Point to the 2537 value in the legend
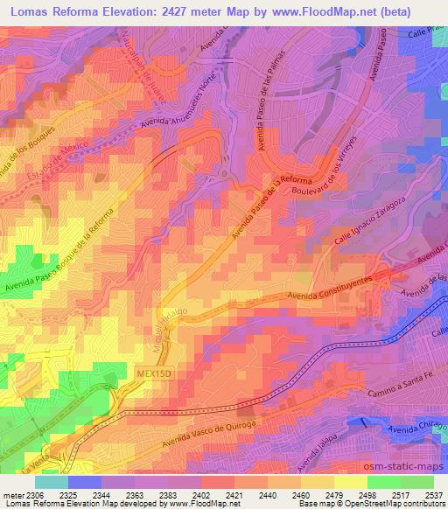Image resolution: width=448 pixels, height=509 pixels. pos(433,495)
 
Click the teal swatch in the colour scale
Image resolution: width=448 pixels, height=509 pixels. pos(52,482)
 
